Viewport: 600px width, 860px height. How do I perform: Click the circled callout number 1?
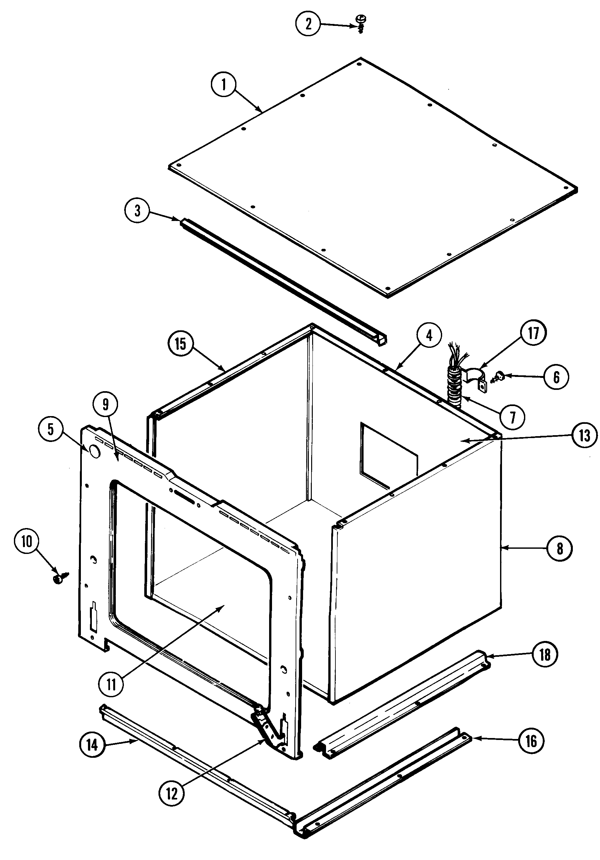224,85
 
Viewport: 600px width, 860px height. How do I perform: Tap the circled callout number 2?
308,24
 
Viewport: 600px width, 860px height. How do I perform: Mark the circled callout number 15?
180,344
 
